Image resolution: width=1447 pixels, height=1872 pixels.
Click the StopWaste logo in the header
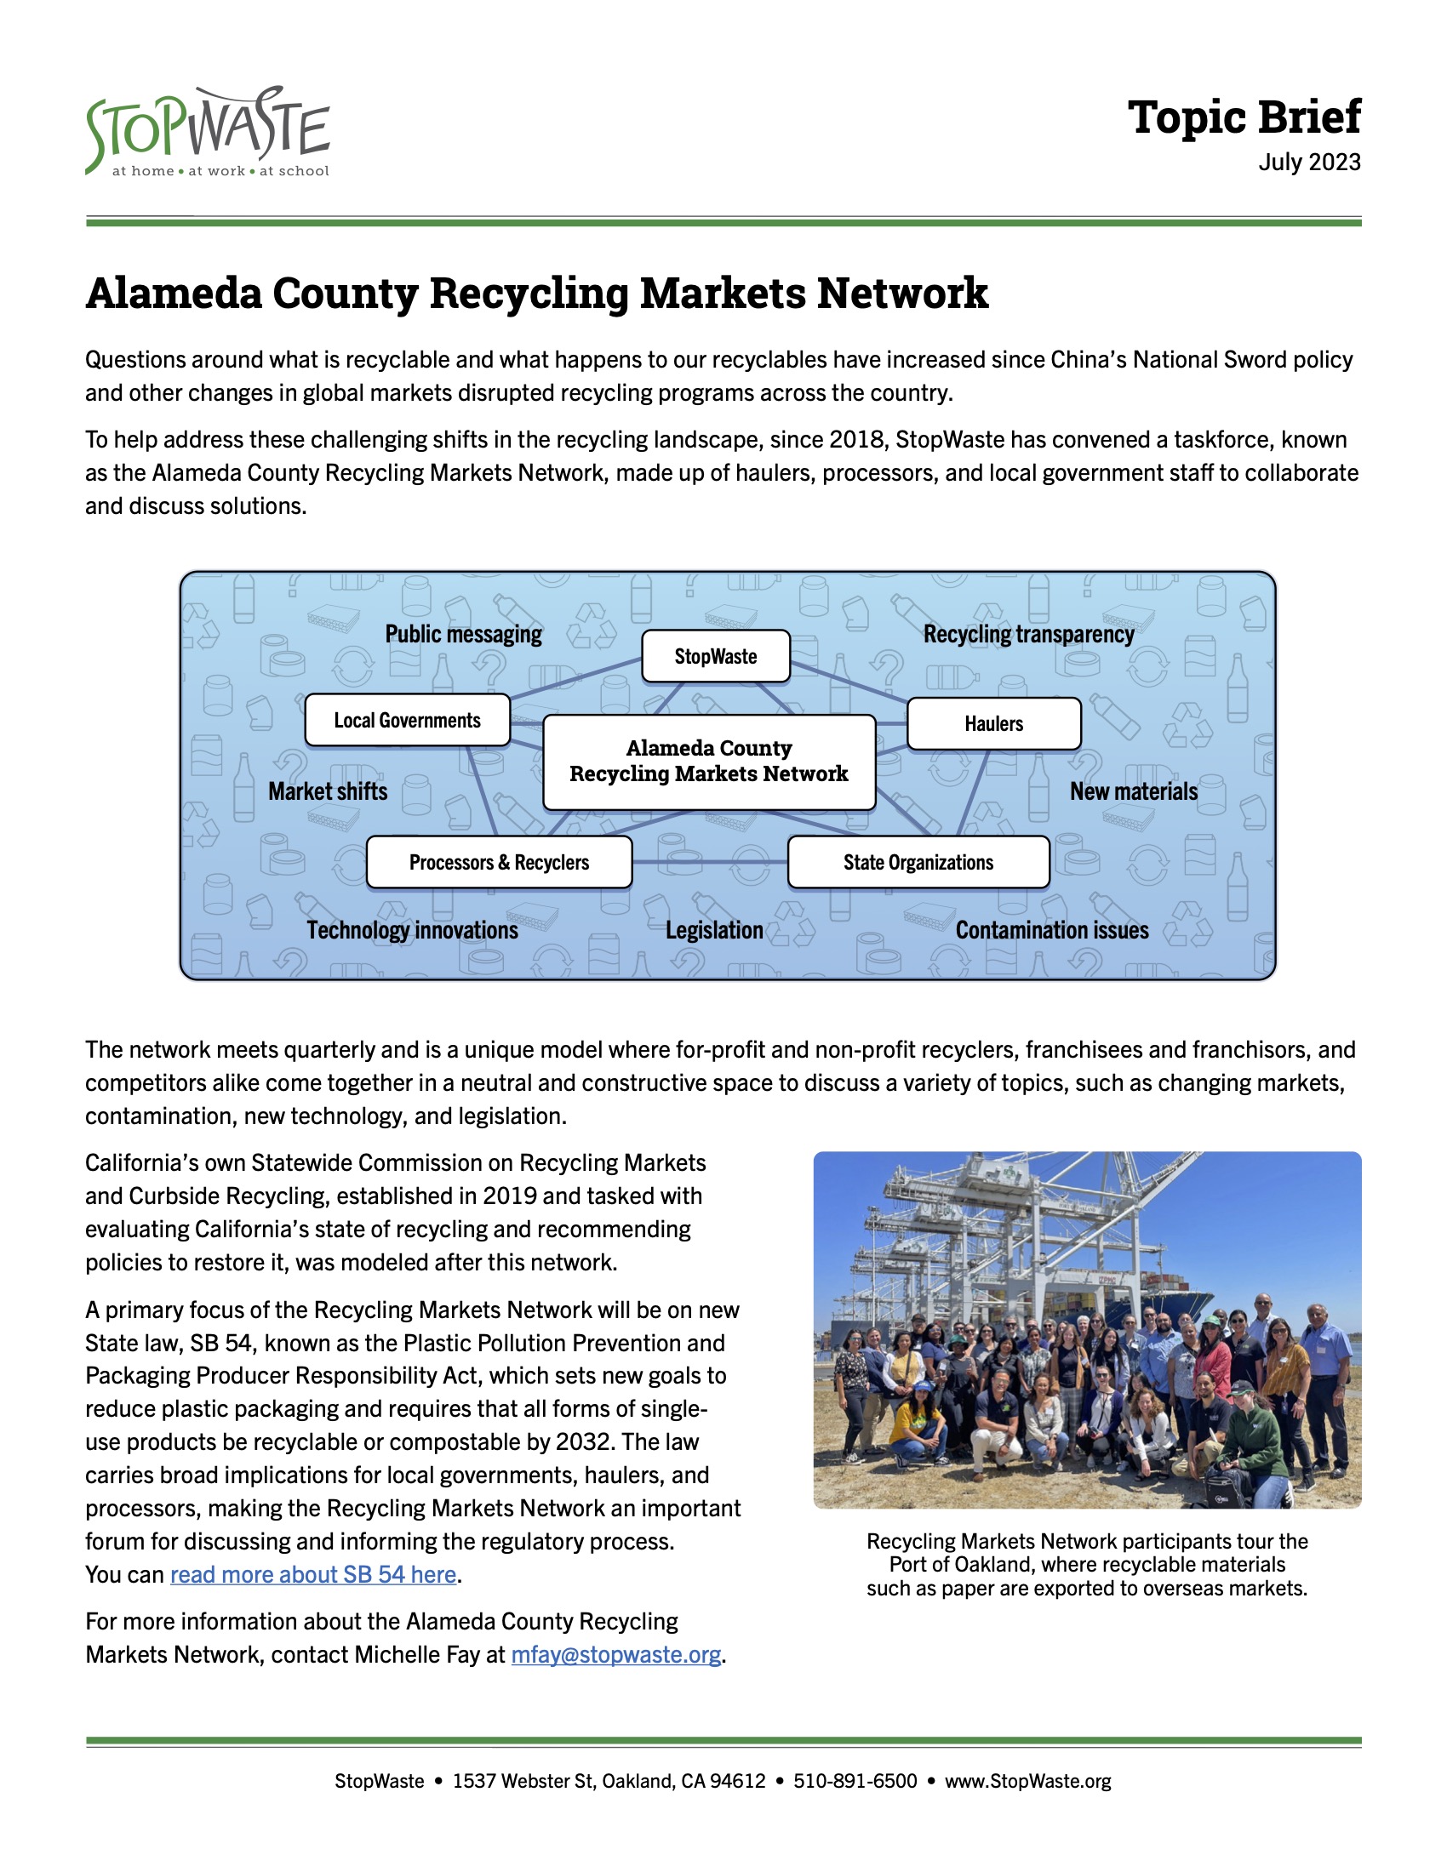click(x=208, y=133)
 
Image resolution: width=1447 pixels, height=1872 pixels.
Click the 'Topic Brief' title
click(x=1243, y=117)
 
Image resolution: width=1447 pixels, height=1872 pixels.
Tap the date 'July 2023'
click(x=1309, y=162)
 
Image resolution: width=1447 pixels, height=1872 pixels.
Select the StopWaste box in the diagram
click(x=716, y=657)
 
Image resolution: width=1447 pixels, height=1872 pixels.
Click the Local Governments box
click(x=407, y=720)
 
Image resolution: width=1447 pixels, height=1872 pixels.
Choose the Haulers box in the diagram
click(x=993, y=724)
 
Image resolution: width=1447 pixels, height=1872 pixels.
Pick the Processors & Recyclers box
click(x=499, y=862)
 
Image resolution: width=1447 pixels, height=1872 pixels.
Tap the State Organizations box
click(x=918, y=862)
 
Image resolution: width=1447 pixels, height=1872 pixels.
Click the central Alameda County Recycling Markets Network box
click(x=709, y=762)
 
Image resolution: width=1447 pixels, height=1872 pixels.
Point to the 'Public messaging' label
click(x=464, y=634)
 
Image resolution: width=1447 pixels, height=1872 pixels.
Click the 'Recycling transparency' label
click(x=1028, y=634)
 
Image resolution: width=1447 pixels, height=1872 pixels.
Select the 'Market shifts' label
click(x=328, y=791)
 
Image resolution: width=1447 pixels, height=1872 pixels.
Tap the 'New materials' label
click(x=1133, y=791)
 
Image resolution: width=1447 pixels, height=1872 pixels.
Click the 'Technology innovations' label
click(x=412, y=930)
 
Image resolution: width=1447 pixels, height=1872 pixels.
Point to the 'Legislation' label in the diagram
click(x=714, y=930)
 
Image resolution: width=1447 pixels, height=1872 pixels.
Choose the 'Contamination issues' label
click(x=1052, y=930)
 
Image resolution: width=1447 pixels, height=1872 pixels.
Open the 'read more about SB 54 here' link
click(x=313, y=1574)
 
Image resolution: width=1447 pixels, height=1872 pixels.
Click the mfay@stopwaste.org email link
click(x=615, y=1654)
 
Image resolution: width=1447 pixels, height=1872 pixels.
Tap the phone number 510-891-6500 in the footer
click(x=855, y=1781)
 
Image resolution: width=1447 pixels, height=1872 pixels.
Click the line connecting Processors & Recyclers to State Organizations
click(x=710, y=862)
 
